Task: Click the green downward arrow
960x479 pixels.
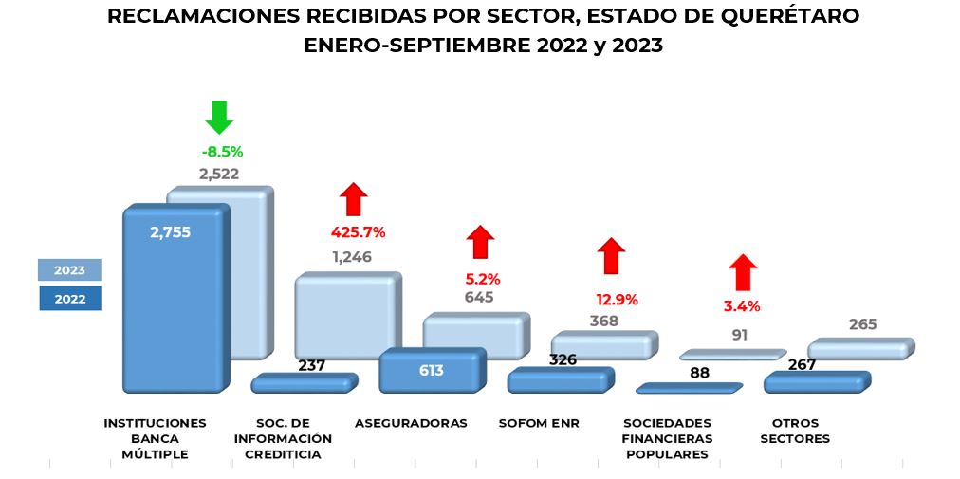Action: tap(219, 117)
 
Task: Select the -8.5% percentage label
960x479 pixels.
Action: tap(222, 151)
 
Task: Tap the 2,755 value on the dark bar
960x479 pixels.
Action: tap(171, 231)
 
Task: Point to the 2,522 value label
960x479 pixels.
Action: tap(218, 174)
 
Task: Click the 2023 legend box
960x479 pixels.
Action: tap(69, 269)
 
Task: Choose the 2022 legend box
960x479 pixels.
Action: tap(69, 299)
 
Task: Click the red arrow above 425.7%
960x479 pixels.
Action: tap(355, 200)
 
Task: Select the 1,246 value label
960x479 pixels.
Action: tap(352, 256)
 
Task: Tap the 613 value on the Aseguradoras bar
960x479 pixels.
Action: tap(431, 370)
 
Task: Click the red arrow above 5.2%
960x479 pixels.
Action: tap(481, 242)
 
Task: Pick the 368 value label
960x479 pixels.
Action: tap(603, 321)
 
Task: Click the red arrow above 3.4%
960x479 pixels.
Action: tap(743, 272)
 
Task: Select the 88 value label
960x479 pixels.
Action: tap(700, 373)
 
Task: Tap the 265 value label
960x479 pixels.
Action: tap(863, 324)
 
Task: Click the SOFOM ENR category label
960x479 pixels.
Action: tap(539, 423)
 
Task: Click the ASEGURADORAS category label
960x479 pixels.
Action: tap(411, 423)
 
